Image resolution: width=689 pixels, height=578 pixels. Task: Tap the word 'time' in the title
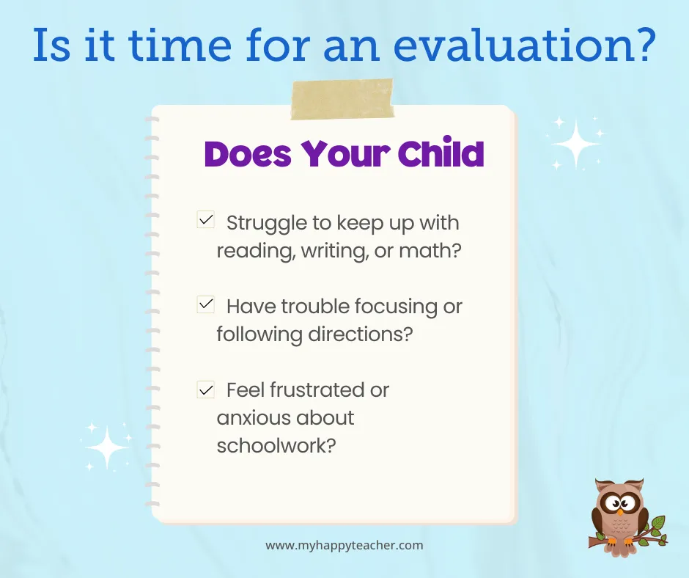coord(180,45)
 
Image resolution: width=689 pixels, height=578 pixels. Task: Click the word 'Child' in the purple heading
coord(441,153)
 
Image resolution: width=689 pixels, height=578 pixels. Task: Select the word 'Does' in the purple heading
coord(248,154)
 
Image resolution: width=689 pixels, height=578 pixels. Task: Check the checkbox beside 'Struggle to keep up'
coord(206,219)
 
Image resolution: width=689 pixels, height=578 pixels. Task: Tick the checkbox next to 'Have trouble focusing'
coord(206,304)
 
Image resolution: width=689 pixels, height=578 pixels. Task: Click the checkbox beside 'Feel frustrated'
coord(206,389)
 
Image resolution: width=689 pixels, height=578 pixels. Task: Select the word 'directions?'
coord(361,334)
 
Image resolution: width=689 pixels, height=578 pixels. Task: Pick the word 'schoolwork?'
coord(276,445)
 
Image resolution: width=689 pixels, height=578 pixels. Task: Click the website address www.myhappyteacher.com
coord(344,546)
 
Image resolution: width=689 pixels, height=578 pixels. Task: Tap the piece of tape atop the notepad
coord(342,100)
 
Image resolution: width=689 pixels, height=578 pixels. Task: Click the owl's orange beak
coord(619,511)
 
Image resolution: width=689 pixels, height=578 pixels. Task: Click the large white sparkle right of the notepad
coord(575,144)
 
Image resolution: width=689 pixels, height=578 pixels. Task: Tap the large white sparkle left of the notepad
coord(107,447)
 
